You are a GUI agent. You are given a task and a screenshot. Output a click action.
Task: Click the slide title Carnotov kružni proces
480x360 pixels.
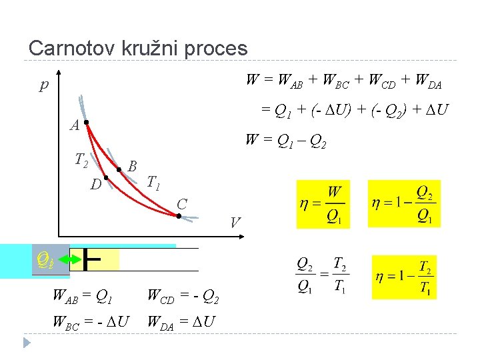pyautogui.click(x=138, y=48)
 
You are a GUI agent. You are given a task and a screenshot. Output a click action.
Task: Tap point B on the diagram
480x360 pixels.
pyautogui.click(x=119, y=170)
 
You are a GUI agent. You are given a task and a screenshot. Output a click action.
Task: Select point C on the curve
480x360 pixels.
pyautogui.click(x=179, y=215)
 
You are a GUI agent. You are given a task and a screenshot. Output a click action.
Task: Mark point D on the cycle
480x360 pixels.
pyautogui.click(x=106, y=177)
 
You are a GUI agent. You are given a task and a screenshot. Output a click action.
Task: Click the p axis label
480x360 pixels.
pyautogui.click(x=45, y=85)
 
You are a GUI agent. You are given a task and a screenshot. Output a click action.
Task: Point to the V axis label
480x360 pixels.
pyautogui.click(x=235, y=222)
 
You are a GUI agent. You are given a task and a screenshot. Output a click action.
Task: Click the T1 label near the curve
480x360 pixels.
pyautogui.click(x=153, y=181)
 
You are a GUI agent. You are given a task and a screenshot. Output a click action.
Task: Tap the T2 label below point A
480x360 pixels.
pyautogui.click(x=81, y=159)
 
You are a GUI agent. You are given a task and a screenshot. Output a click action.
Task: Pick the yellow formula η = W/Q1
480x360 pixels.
pyautogui.click(x=323, y=204)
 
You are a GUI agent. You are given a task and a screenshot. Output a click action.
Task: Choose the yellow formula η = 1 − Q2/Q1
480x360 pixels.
pyautogui.click(x=404, y=204)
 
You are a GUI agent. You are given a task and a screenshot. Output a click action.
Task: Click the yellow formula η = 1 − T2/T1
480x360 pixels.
pyautogui.click(x=403, y=277)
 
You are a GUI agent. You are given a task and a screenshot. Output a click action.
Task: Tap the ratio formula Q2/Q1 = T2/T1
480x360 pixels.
pyautogui.click(x=321, y=275)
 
